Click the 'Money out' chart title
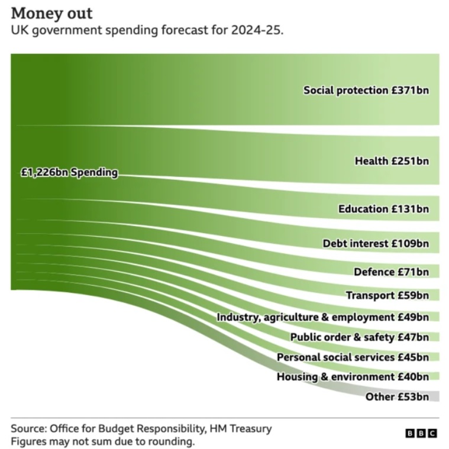coord(51,13)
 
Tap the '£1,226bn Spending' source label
coord(69,173)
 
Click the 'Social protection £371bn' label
coord(366,91)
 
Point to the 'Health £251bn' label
coord(391,160)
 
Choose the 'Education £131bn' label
coord(383,209)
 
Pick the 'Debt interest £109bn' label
coord(375,243)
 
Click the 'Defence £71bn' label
coord(390,272)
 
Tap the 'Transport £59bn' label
coord(387,295)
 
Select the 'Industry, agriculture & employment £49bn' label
coord(322,317)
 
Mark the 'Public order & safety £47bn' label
coord(359,337)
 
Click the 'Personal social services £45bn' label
coord(353,357)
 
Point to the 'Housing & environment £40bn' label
coord(353,377)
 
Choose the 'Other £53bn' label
coord(396,396)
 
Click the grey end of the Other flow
coord(435,396)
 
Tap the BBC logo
coord(421,434)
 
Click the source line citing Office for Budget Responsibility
coord(141,428)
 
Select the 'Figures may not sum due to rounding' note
coord(102,441)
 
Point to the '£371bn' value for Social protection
coord(410,91)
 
